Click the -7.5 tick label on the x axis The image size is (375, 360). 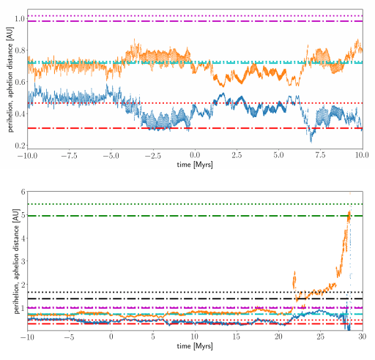(70, 155)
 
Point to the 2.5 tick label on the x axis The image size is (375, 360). (237, 155)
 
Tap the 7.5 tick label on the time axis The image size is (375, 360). (321, 155)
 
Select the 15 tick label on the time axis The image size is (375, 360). (237, 338)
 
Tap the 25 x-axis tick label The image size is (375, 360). (320, 338)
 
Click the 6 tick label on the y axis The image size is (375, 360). (23, 192)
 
